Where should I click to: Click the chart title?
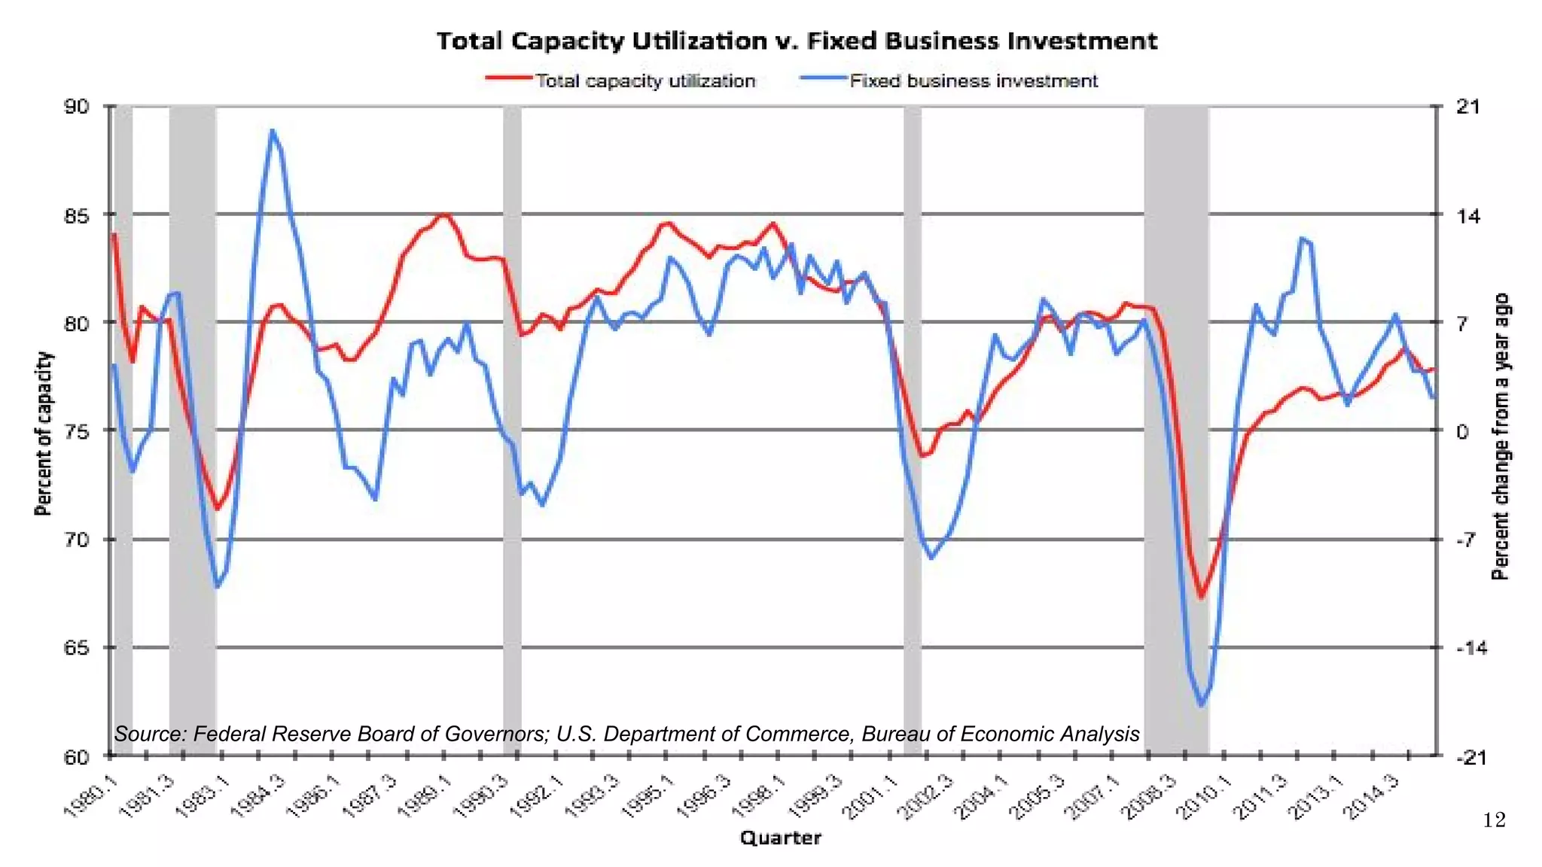[797, 41]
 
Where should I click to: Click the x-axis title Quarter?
[780, 838]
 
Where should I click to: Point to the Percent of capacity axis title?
[44, 433]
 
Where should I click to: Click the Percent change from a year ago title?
[1500, 437]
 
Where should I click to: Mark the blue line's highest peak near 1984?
[273, 131]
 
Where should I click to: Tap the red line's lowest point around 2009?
[1201, 598]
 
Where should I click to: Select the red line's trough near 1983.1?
[218, 510]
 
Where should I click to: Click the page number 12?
[1494, 820]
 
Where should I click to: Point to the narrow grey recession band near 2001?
[912, 429]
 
